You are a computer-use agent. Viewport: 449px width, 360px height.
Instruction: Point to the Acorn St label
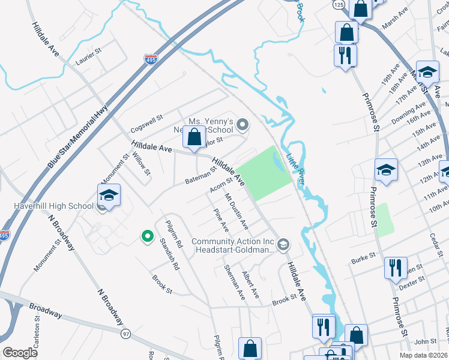click(221, 188)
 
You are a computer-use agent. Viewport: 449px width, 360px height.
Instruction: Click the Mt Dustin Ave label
click(237, 211)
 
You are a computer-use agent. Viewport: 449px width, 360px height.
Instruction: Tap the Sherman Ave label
click(235, 283)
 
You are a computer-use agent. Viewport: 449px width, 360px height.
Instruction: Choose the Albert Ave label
click(250, 284)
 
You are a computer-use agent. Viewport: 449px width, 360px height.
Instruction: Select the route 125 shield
click(338, 4)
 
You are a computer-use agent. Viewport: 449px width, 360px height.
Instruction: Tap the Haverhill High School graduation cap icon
click(109, 196)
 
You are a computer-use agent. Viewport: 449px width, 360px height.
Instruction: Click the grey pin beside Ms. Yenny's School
click(243, 125)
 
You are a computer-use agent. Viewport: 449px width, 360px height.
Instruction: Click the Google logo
click(20, 352)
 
